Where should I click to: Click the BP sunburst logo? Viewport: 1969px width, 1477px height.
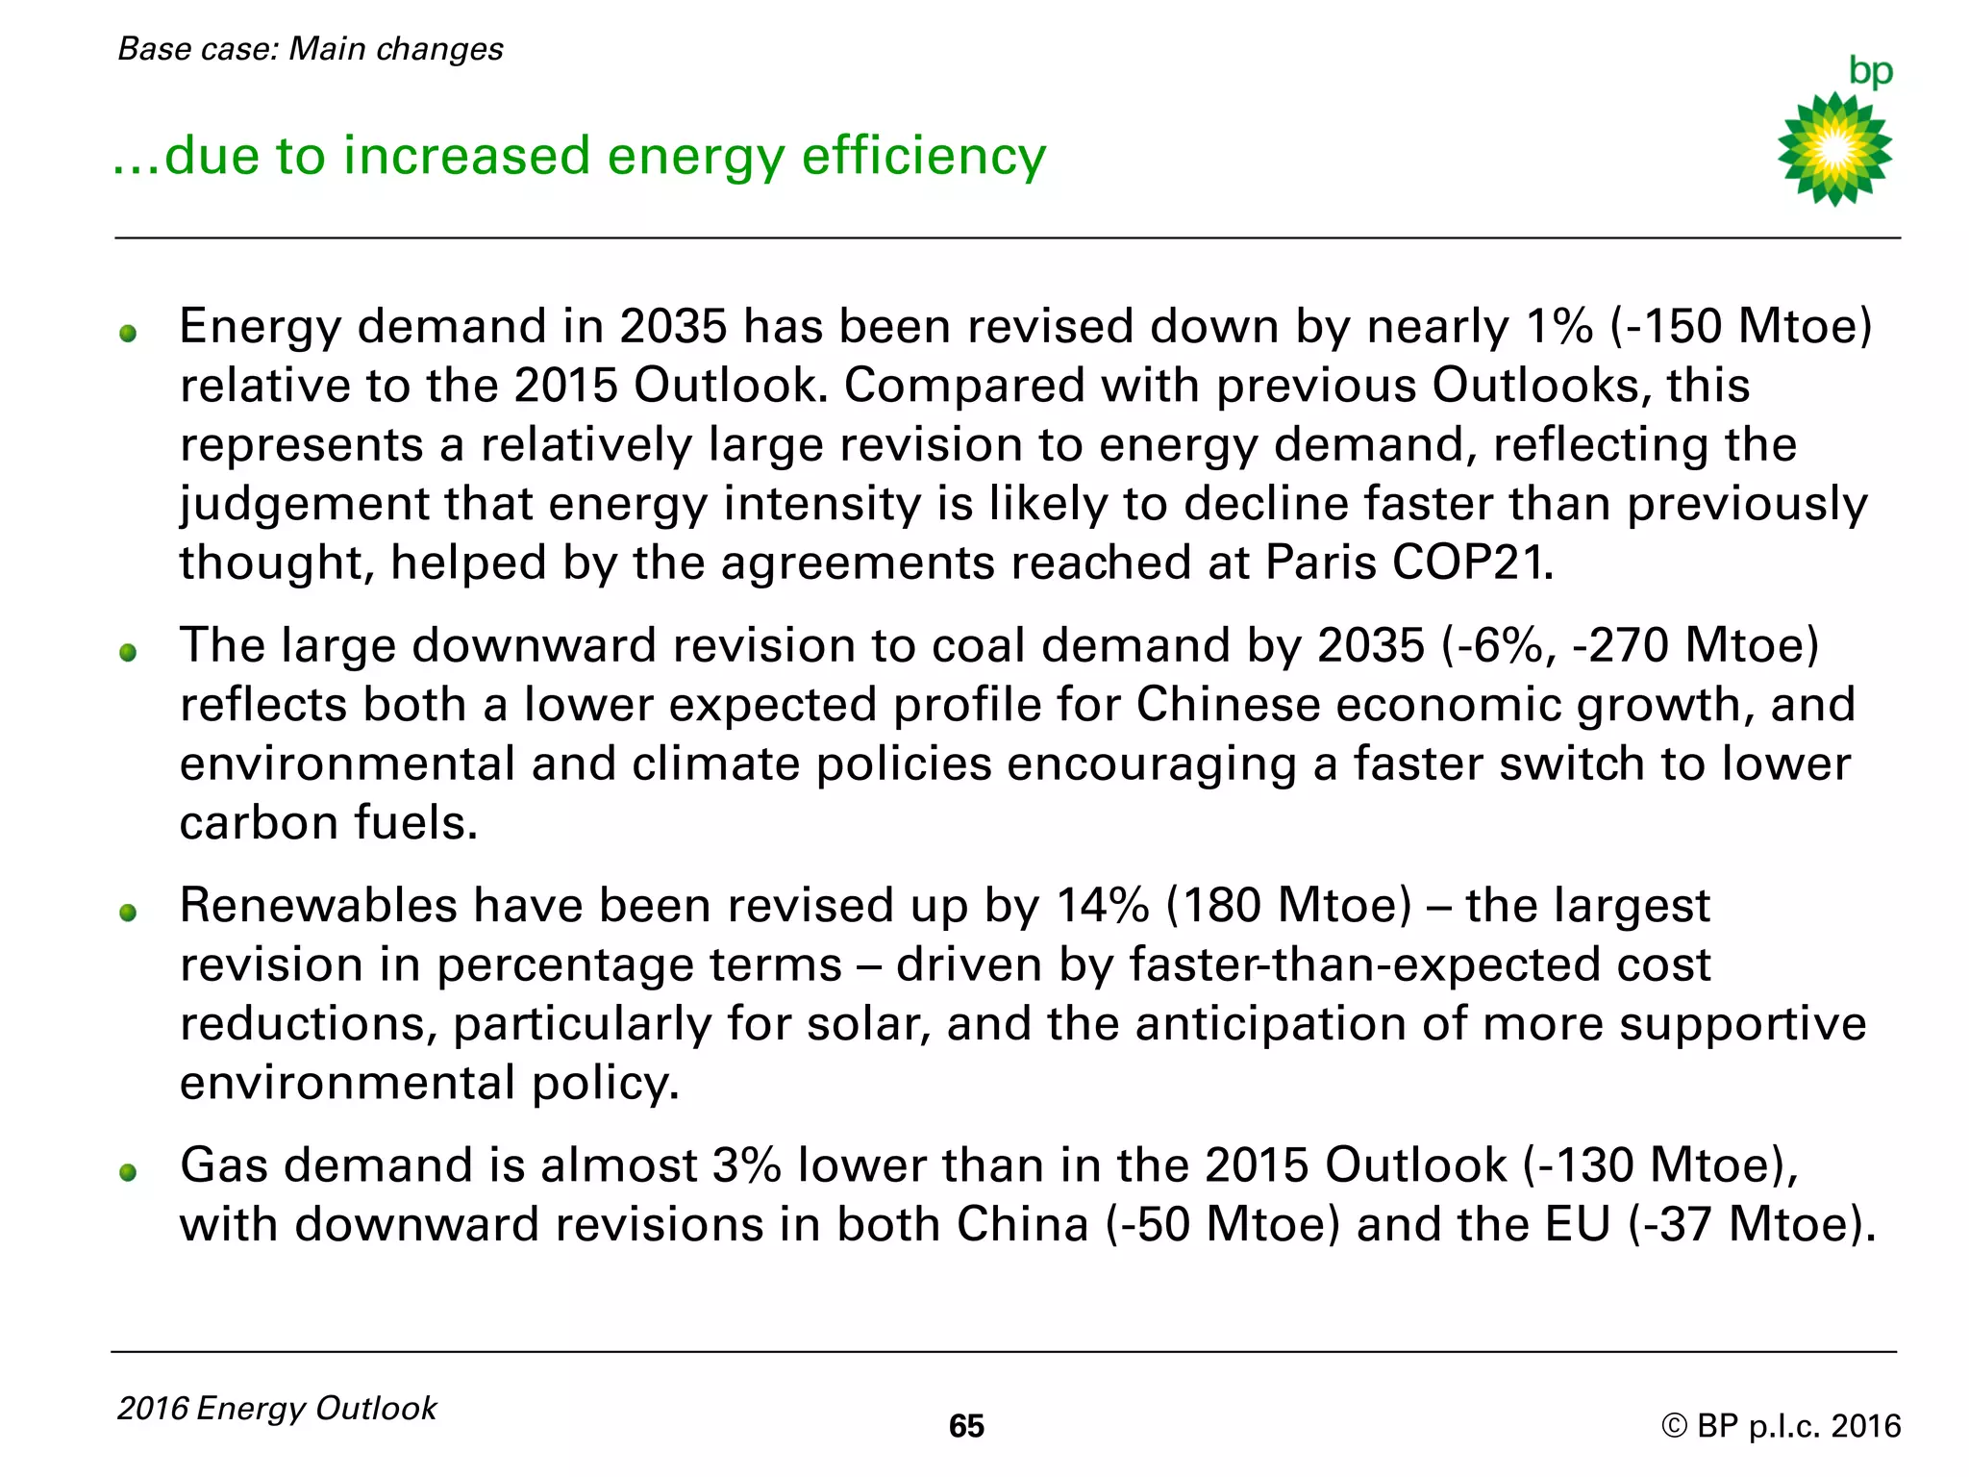(1834, 149)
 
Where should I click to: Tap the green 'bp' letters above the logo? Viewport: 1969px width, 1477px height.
(1870, 71)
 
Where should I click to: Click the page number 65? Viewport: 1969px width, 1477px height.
(966, 1426)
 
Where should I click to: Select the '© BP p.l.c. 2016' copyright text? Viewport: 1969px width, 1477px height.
(1781, 1425)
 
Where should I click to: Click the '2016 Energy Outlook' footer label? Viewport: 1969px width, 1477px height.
(277, 1408)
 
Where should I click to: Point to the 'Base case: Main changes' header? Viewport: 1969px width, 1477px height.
(311, 48)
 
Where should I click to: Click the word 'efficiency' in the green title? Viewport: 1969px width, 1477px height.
(923, 156)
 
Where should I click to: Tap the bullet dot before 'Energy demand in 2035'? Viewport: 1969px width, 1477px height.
(128, 334)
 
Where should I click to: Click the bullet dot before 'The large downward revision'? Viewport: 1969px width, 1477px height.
(128, 653)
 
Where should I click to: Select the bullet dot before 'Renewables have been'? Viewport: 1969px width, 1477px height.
(128, 913)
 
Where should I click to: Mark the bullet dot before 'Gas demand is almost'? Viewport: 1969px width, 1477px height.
(128, 1172)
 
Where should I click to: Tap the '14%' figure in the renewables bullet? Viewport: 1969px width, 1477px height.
(1102, 906)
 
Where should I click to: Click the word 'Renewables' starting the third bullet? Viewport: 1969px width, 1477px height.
(318, 906)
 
